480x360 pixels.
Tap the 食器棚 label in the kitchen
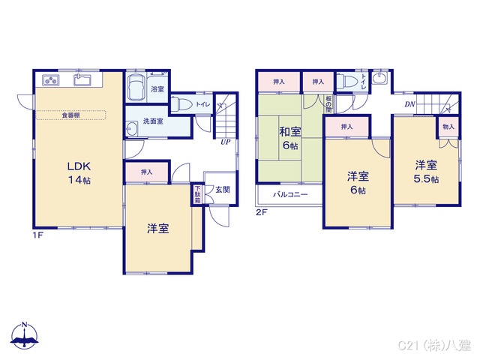[71, 115]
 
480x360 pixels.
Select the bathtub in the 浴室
[136, 88]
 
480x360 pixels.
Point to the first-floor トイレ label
[202, 105]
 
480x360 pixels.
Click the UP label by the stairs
[225, 141]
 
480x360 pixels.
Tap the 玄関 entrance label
[223, 190]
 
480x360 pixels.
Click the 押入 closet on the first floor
[146, 172]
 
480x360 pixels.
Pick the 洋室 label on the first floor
[157, 229]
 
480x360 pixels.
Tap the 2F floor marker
[261, 213]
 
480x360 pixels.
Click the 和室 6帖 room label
[290, 139]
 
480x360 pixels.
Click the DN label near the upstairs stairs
[410, 104]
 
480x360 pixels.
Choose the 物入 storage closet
[448, 127]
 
